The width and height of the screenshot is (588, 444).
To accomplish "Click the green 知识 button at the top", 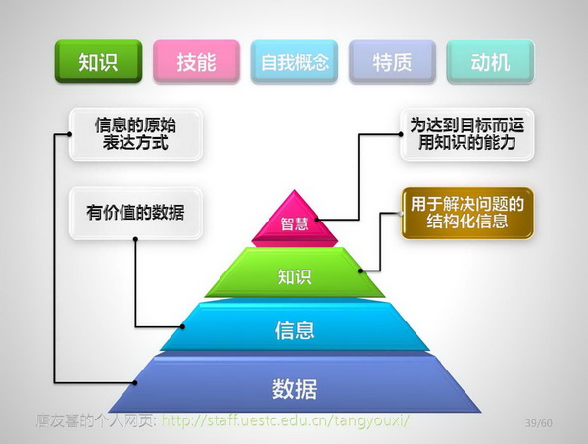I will [x=98, y=62].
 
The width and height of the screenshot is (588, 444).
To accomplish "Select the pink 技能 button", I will [x=196, y=62].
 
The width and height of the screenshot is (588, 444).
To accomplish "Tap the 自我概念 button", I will [x=294, y=62].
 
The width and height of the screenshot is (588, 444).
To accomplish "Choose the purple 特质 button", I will [x=392, y=62].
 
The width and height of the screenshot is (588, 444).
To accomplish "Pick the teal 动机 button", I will [x=490, y=62].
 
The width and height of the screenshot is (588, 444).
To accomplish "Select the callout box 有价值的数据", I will [x=135, y=214].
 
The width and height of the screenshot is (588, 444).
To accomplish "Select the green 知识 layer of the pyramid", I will [x=294, y=275].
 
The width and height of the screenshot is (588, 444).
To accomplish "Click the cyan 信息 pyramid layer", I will [x=294, y=329].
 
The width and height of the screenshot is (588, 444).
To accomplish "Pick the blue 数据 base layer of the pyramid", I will [x=294, y=388].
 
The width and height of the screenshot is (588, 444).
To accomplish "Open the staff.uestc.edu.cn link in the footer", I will [x=283, y=421].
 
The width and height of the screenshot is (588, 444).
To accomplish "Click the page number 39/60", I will [x=539, y=422].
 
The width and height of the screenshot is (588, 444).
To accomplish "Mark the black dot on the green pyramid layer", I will [x=361, y=270].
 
